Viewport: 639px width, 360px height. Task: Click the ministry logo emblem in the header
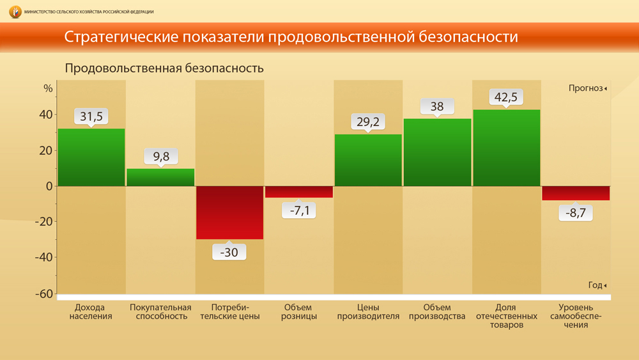pyautogui.click(x=15, y=12)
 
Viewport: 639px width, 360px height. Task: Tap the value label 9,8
pyautogui.click(x=160, y=156)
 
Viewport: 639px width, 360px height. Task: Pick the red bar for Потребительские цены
pyautogui.click(x=229, y=212)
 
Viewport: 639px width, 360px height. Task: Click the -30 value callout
pyautogui.click(x=229, y=252)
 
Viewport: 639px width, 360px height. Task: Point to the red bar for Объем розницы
pyautogui.click(x=299, y=192)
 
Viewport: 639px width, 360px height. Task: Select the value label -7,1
pyautogui.click(x=299, y=209)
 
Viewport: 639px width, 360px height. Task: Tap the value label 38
pyautogui.click(x=437, y=107)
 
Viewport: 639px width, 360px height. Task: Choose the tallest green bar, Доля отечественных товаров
pyautogui.click(x=506, y=148)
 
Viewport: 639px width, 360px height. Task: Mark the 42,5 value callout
pyautogui.click(x=506, y=97)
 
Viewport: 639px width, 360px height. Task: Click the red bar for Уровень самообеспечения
pyautogui.click(x=576, y=193)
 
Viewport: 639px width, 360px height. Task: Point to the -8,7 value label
pyautogui.click(x=576, y=213)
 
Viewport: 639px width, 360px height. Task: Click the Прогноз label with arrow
pyautogui.click(x=587, y=88)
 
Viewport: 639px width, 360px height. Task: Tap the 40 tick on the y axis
pyautogui.click(x=45, y=115)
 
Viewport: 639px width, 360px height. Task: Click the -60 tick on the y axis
pyautogui.click(x=43, y=294)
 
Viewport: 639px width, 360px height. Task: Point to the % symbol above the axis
pyautogui.click(x=48, y=88)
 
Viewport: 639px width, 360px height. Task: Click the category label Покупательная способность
pyautogui.click(x=161, y=311)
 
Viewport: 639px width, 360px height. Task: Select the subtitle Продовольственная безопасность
pyautogui.click(x=164, y=68)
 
